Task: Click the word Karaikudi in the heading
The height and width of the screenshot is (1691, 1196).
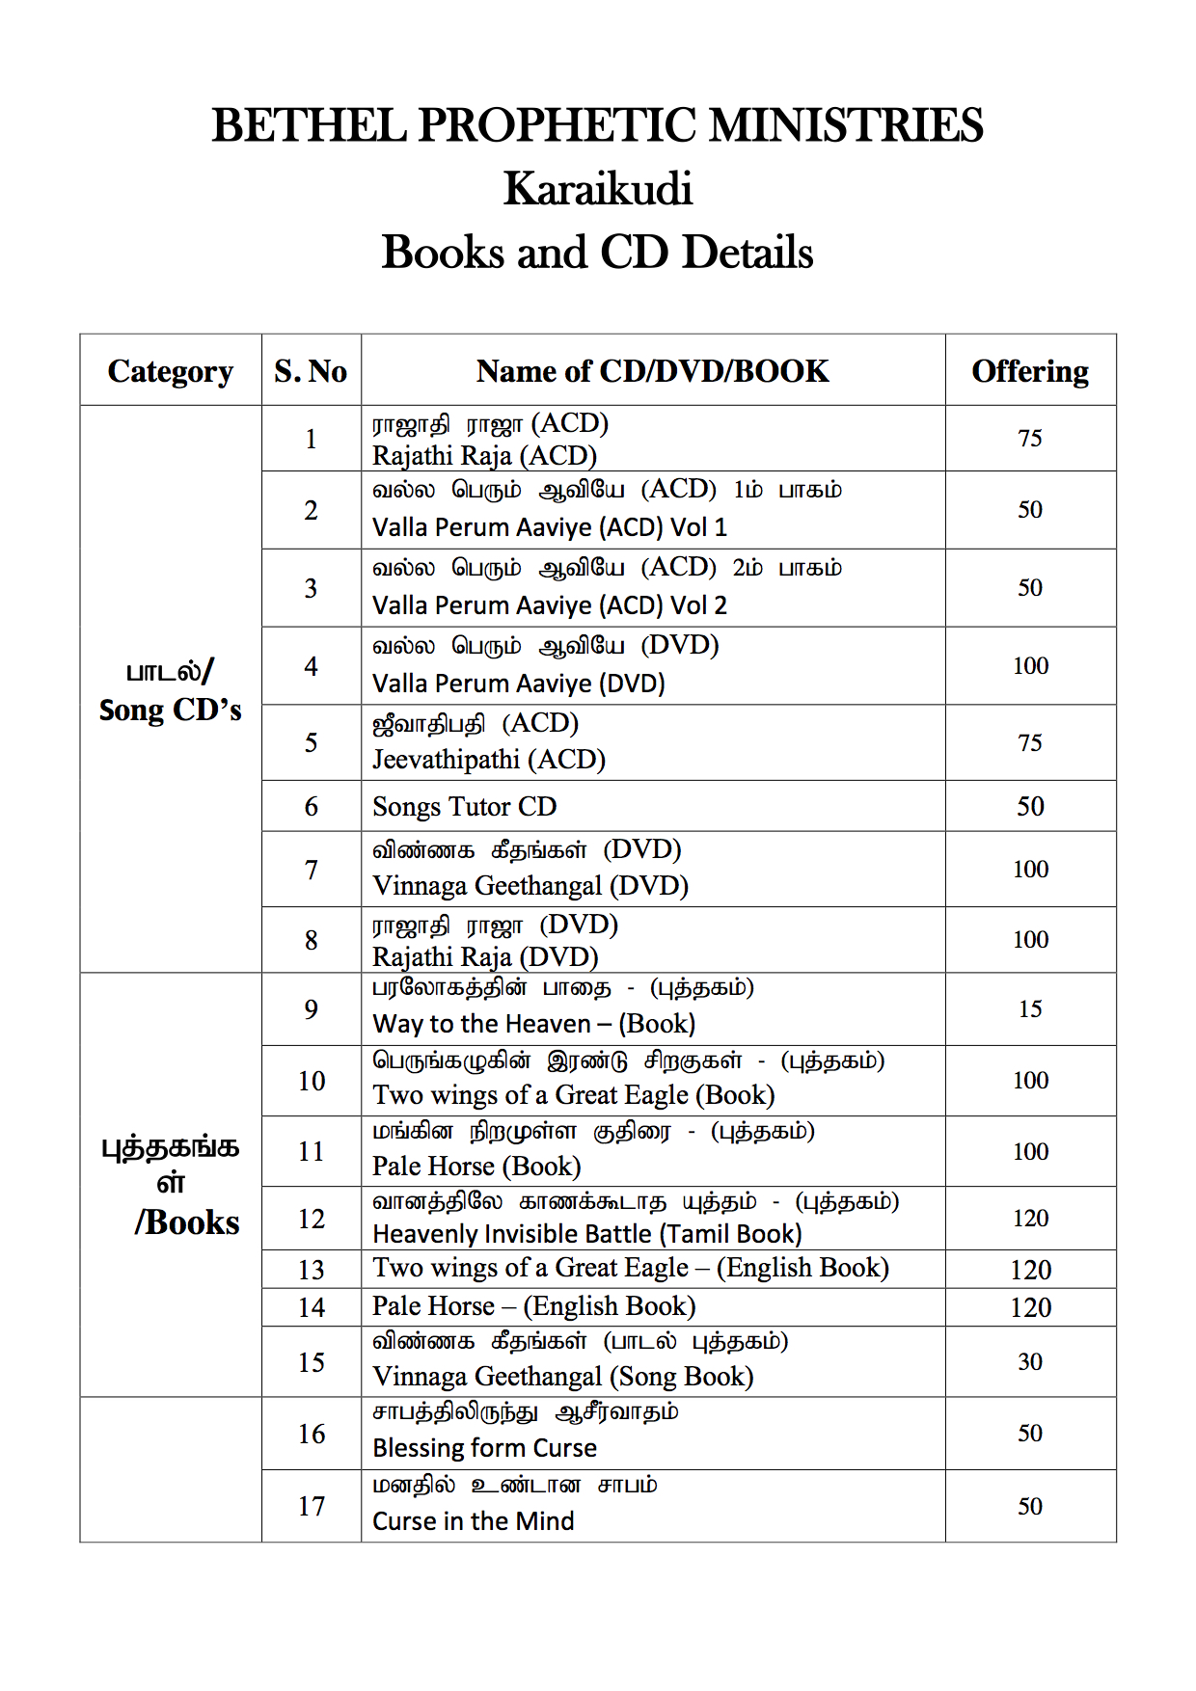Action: coord(598,189)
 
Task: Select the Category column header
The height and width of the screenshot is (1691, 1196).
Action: coord(171,371)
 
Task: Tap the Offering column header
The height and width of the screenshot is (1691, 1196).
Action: coord(1030,371)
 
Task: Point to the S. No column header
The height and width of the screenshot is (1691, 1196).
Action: coord(311,371)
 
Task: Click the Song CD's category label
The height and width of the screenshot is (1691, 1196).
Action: coord(171,711)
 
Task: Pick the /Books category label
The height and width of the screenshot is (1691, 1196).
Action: coord(187,1222)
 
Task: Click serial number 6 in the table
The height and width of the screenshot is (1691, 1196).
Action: coord(311,807)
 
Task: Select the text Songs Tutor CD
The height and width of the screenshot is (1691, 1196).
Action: coord(464,807)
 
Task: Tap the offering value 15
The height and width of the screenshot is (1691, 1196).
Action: coord(1030,1009)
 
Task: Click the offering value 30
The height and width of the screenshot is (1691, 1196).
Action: coord(1030,1362)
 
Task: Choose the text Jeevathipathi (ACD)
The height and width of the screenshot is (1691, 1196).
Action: coord(488,760)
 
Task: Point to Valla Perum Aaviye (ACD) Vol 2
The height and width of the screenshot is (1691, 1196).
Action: coord(550,605)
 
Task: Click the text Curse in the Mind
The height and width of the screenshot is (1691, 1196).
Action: coord(473,1521)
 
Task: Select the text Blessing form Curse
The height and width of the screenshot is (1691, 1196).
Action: coord(484,1448)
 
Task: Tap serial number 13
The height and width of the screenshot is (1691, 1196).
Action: coord(311,1270)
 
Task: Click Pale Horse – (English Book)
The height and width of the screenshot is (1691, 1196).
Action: coord(533,1306)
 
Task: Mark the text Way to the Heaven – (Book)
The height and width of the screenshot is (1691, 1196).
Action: coord(533,1024)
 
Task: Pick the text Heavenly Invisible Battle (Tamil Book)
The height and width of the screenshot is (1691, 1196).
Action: coord(586,1234)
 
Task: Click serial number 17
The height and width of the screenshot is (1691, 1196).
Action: coord(311,1507)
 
